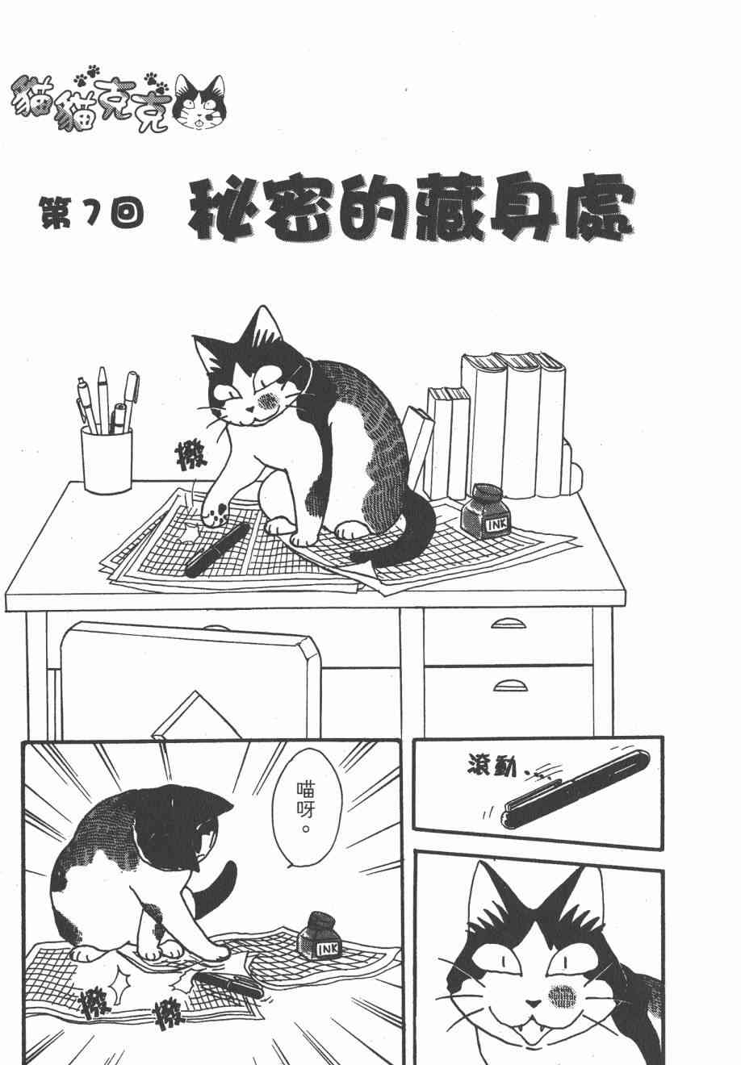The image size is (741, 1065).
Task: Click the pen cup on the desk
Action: [107, 458]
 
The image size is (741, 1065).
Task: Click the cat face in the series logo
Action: [199, 102]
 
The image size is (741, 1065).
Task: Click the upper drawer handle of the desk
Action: [509, 624]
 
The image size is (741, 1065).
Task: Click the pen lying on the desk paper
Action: [217, 550]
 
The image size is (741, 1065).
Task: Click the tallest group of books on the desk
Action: [513, 424]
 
